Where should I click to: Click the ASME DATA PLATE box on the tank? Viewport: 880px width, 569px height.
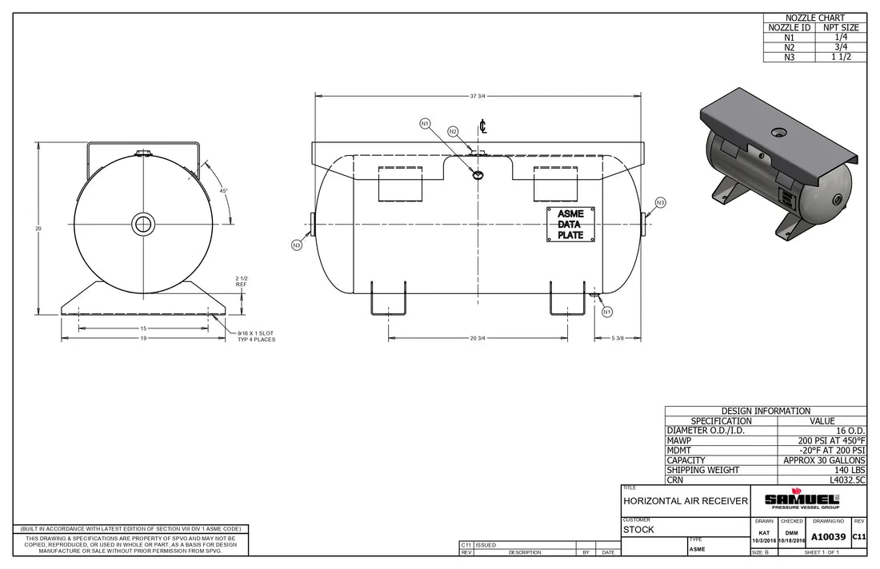pyautogui.click(x=570, y=224)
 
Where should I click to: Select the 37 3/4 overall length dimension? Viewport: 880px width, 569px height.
pyautogui.click(x=478, y=96)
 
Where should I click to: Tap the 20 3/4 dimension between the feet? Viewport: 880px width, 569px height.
pyautogui.click(x=478, y=338)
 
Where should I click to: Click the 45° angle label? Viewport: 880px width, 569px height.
pyautogui.click(x=225, y=191)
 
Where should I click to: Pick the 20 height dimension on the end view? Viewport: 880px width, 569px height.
pyautogui.click(x=38, y=229)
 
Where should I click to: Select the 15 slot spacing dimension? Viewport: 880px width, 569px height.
pyautogui.click(x=143, y=328)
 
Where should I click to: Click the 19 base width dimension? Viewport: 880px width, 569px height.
pyautogui.click(x=143, y=339)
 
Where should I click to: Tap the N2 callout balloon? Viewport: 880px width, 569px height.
pyautogui.click(x=453, y=131)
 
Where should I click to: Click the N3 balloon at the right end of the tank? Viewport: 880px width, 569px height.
pyautogui.click(x=660, y=203)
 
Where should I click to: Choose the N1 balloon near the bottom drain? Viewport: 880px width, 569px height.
pyautogui.click(x=607, y=312)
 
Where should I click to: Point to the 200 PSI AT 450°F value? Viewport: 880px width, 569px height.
pyautogui.click(x=831, y=440)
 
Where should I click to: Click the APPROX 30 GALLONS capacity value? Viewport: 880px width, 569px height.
pyautogui.click(x=824, y=460)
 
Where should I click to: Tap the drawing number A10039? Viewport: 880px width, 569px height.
pyautogui.click(x=829, y=536)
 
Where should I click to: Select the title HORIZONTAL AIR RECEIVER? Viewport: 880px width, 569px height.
pyautogui.click(x=685, y=501)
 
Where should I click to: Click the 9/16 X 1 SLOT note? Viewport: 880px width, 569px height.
pyautogui.click(x=256, y=336)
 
